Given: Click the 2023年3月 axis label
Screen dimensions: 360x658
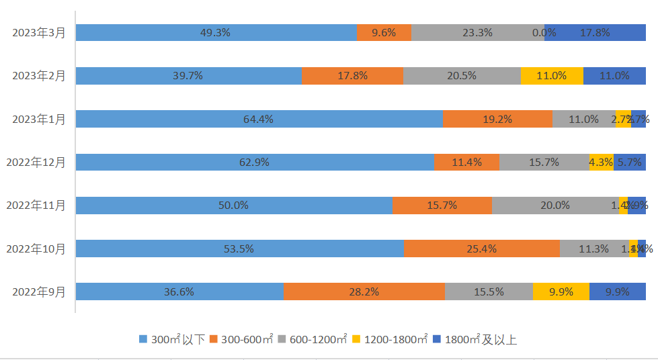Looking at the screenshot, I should coord(39,33).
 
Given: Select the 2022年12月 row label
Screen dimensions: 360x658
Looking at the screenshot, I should coord(36,162).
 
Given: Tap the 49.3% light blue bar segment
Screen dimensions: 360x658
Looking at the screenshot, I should coord(216,33).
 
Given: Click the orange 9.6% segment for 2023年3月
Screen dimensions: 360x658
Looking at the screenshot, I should coord(384,33).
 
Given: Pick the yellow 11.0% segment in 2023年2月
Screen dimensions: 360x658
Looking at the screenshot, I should coord(552,76).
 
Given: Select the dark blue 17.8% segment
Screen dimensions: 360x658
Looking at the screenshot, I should coord(595,33).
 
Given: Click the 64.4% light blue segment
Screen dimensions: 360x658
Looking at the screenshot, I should coord(259,119).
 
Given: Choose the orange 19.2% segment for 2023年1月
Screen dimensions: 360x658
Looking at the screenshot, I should coord(497,119).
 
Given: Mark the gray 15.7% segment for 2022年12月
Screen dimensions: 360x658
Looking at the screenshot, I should coord(544,162).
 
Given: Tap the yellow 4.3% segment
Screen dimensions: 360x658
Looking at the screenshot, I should coord(601,162).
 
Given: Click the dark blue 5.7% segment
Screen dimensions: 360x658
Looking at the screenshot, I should coord(630,162).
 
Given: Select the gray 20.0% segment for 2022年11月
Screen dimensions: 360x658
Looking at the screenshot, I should coord(555,206).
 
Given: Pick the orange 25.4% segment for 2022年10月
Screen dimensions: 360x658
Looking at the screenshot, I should coord(482,249).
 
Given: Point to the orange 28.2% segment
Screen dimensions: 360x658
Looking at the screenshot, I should coord(364,291).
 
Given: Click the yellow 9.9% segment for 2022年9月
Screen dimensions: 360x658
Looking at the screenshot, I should coord(561,291).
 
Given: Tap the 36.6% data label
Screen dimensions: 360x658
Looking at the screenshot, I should coord(179,291).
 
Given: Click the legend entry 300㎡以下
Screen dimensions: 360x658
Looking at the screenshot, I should coord(172,339).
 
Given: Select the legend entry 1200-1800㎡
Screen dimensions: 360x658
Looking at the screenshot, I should coord(390,339).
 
